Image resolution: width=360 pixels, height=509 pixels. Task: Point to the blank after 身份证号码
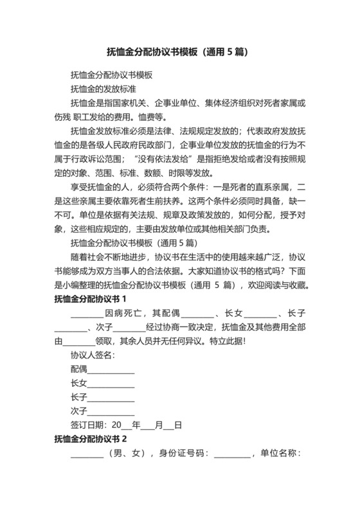coord(232,454)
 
